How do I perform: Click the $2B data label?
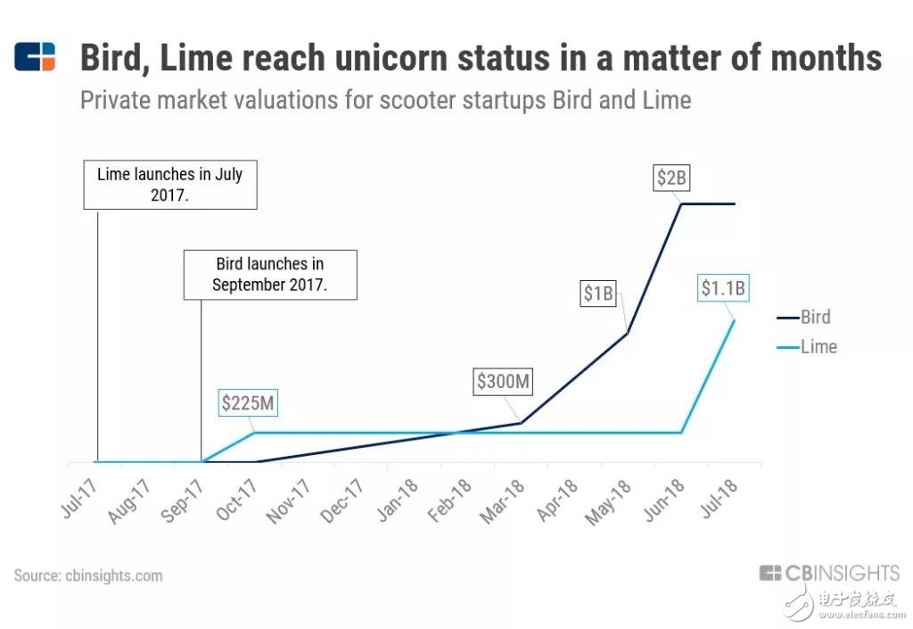click(671, 178)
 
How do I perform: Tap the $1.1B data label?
click(722, 288)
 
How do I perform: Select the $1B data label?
click(598, 293)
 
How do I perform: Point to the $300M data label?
click(504, 382)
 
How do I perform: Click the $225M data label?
click(249, 403)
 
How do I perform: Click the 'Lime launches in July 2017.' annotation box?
click(169, 185)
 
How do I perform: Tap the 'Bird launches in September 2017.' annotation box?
click(269, 275)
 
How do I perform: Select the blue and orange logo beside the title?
click(36, 57)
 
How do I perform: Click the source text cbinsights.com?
click(113, 575)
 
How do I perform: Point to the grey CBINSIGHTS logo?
click(829, 573)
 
